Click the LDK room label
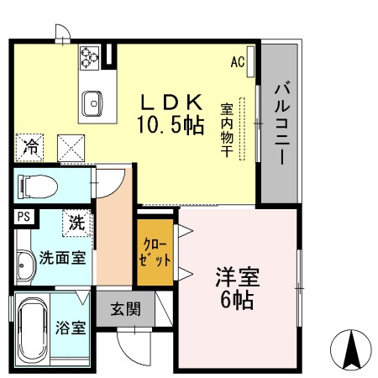click(x=171, y=102)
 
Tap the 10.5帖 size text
click(x=171, y=126)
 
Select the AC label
click(x=237, y=60)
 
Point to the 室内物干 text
click(x=227, y=128)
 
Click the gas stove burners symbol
click(x=90, y=57)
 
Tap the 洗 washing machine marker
click(x=76, y=223)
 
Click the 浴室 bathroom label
click(x=71, y=327)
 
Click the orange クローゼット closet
click(x=155, y=251)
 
